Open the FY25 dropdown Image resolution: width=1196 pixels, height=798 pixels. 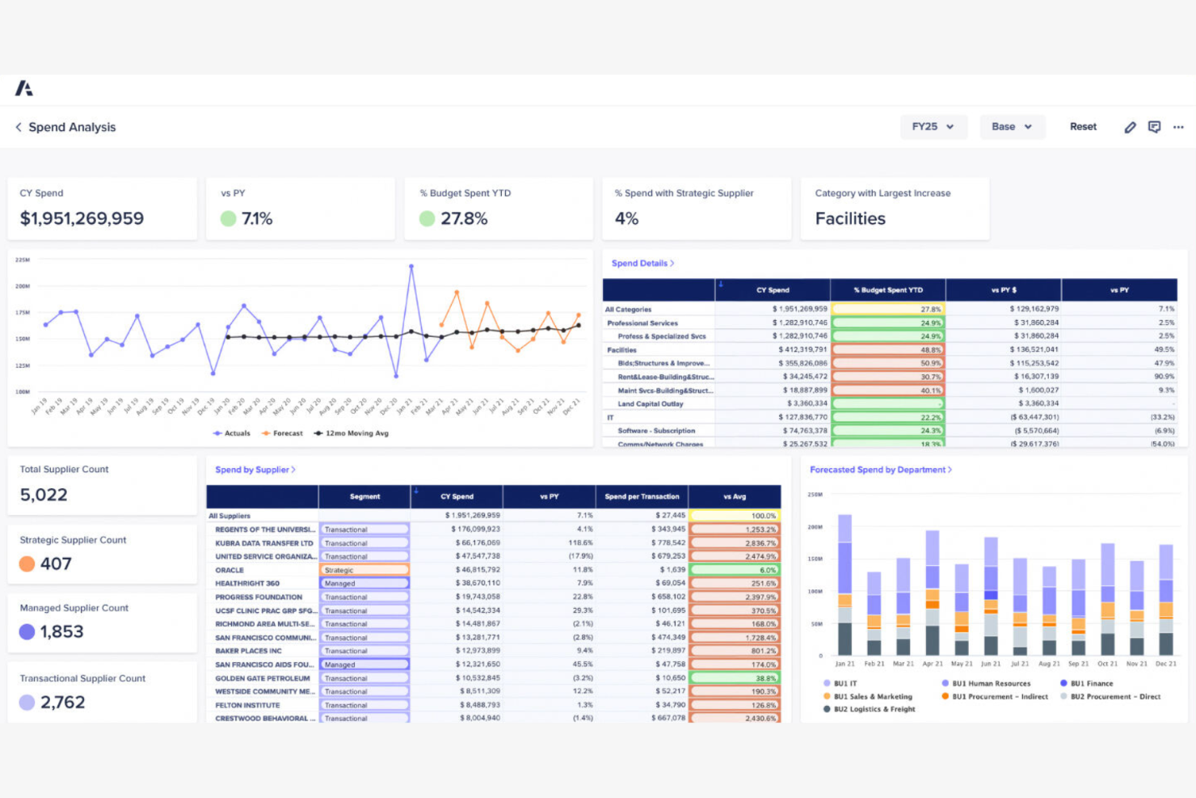pyautogui.click(x=933, y=127)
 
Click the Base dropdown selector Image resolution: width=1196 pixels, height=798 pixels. pyautogui.click(x=1012, y=127)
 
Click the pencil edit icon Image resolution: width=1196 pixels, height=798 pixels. pyautogui.click(x=1130, y=127)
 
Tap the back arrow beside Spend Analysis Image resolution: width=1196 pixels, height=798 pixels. pyautogui.click(x=19, y=127)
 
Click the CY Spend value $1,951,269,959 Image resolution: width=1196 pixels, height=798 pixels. pyautogui.click(x=82, y=218)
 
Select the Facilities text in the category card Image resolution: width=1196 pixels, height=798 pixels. pyautogui.click(x=850, y=218)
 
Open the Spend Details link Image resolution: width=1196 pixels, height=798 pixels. pyautogui.click(x=642, y=264)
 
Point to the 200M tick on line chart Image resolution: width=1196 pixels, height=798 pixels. pyautogui.click(x=23, y=286)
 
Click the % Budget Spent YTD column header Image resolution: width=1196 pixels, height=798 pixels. pyautogui.click(x=887, y=289)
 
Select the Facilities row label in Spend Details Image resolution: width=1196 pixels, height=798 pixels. pyautogui.click(x=622, y=350)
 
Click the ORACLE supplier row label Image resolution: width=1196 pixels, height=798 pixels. pyautogui.click(x=230, y=570)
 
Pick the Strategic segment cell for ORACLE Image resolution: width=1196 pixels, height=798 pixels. pyautogui.click(x=364, y=570)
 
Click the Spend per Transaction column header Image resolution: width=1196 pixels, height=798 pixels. pyautogui.click(x=642, y=496)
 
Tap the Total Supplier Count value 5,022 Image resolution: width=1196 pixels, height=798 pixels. pyautogui.click(x=44, y=495)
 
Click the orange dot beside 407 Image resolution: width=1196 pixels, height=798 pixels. pyautogui.click(x=27, y=564)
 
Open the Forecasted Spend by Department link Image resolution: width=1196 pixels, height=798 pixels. pyautogui.click(x=880, y=470)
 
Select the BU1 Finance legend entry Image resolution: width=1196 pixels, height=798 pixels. pyautogui.click(x=1091, y=683)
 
